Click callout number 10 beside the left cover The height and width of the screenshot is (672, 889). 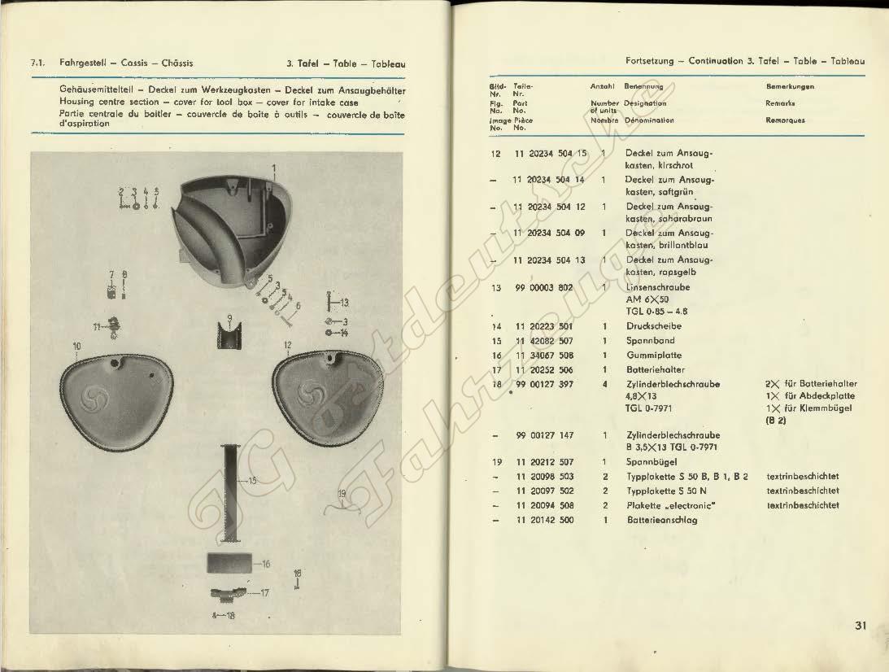(76, 346)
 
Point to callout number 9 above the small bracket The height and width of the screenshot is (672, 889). (230, 317)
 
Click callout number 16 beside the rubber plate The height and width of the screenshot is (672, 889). (265, 563)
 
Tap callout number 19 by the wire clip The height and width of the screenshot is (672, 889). (342, 493)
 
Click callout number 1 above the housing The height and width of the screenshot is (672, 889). (275, 168)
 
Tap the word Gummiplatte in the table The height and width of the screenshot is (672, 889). (654, 356)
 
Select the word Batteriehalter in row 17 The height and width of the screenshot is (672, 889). (656, 369)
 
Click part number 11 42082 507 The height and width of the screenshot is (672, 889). (544, 341)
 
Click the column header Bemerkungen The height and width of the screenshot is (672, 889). (790, 86)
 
